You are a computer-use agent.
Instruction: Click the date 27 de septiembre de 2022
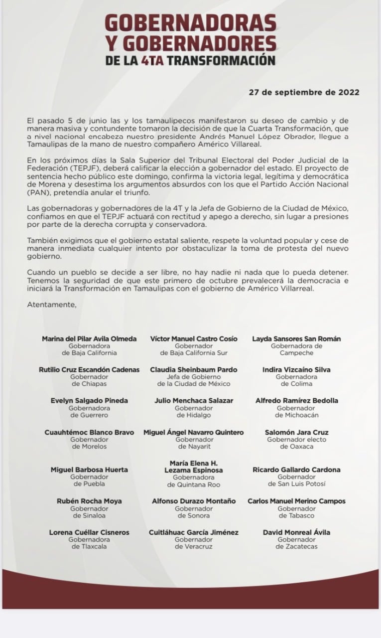pyautogui.click(x=304, y=92)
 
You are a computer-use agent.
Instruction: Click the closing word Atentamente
pyautogui.click(x=52, y=304)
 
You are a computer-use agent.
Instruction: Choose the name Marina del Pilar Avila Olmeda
pyautogui.click(x=89, y=339)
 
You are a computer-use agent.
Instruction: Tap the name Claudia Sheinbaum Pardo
pyautogui.click(x=194, y=370)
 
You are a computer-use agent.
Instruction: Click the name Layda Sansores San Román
pyautogui.click(x=296, y=339)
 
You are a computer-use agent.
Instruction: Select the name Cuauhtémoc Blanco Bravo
pyautogui.click(x=89, y=433)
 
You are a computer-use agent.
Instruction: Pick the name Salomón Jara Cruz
pyautogui.click(x=296, y=433)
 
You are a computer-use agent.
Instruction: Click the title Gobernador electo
pyautogui.click(x=296, y=440)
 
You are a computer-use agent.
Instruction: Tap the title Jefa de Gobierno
pyautogui.click(x=194, y=377)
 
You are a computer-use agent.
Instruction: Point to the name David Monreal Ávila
pyautogui.click(x=296, y=532)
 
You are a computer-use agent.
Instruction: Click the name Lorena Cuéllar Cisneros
pyautogui.click(x=89, y=532)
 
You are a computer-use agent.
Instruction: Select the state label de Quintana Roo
pyautogui.click(x=194, y=484)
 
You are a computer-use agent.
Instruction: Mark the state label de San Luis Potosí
pyautogui.click(x=296, y=483)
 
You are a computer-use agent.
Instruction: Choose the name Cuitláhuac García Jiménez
pyautogui.click(x=194, y=532)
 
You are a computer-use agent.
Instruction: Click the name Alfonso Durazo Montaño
pyautogui.click(x=194, y=501)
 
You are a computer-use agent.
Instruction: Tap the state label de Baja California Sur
pyautogui.click(x=194, y=353)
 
